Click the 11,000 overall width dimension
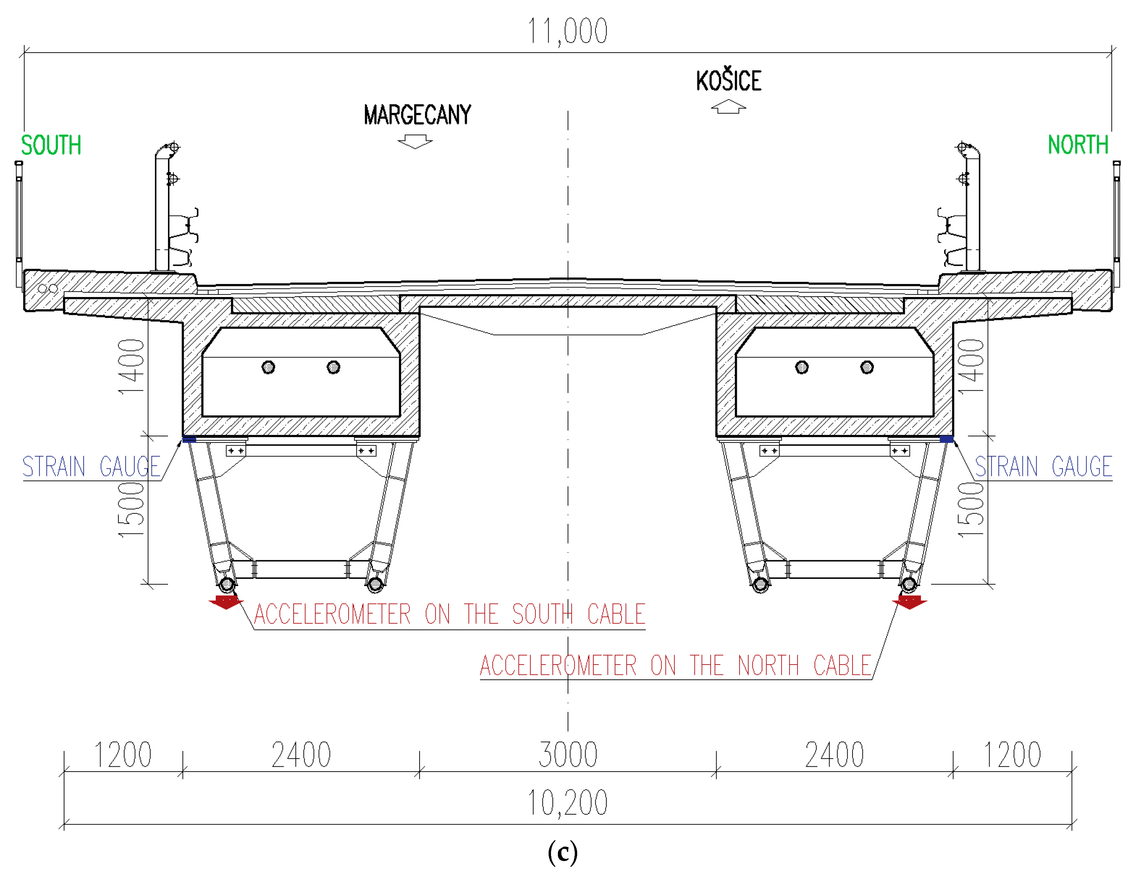pos(567,31)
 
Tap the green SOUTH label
pos(51,146)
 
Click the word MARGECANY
pos(417,115)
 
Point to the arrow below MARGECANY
pos(415,141)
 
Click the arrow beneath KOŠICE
pos(729,107)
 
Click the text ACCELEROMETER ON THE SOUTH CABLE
pos(449,614)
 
